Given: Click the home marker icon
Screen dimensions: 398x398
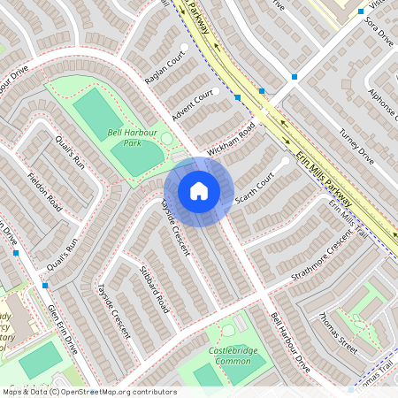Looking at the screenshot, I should (199, 190).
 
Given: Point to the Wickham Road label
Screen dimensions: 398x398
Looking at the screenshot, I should (231, 141).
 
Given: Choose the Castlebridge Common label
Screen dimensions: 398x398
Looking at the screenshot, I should (231, 356).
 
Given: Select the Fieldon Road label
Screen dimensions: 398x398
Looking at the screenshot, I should (44, 189).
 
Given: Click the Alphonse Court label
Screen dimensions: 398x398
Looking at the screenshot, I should (383, 107).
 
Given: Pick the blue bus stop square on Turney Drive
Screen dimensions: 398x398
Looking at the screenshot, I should (294, 77).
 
